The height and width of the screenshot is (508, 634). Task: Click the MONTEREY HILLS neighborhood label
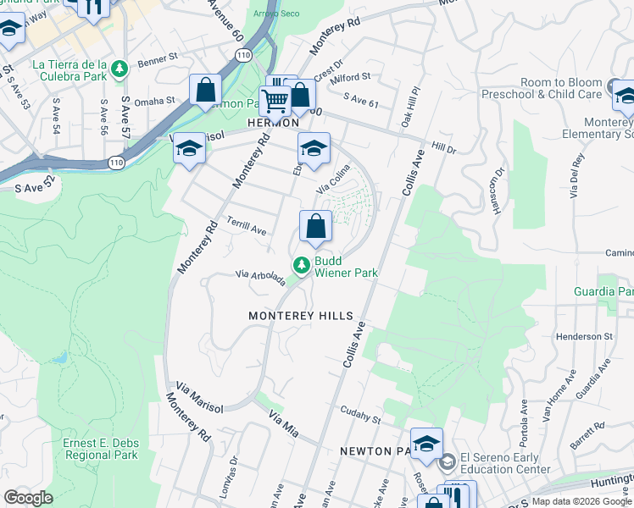pyautogui.click(x=300, y=316)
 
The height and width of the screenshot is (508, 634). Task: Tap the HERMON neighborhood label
pyautogui.click(x=273, y=123)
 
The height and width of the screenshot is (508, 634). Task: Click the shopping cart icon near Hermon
pyautogui.click(x=275, y=101)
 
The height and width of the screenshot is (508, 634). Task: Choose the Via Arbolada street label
pyautogui.click(x=260, y=278)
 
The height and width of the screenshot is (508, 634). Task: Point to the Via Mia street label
pyautogui.click(x=285, y=420)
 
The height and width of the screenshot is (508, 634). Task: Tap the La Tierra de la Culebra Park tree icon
pyautogui.click(x=120, y=68)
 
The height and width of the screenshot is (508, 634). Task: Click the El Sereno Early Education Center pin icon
pyautogui.click(x=447, y=461)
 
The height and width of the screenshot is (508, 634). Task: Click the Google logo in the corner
pyautogui.click(x=28, y=498)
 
